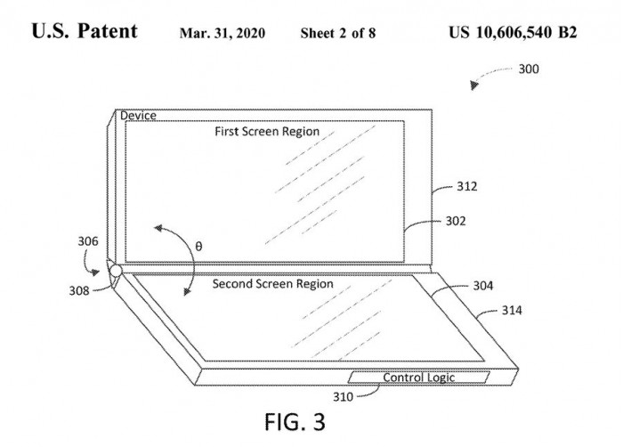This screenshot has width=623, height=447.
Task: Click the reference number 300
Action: (x=529, y=69)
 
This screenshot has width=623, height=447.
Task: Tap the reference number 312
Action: (x=467, y=186)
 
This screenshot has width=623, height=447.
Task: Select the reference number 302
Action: (x=456, y=221)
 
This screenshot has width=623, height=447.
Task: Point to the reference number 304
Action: (x=482, y=286)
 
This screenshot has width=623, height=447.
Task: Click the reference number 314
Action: (x=512, y=310)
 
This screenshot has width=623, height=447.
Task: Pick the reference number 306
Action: (x=88, y=241)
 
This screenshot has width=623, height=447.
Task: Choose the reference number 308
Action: (x=79, y=290)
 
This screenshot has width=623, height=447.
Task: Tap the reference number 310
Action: (x=343, y=396)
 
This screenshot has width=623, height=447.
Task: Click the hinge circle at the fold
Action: (x=116, y=271)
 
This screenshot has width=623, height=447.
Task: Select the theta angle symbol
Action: (x=198, y=247)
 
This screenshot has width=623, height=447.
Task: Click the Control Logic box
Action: (x=419, y=378)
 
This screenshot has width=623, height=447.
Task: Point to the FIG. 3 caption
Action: (x=295, y=422)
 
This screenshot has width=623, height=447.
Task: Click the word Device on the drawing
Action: (x=138, y=116)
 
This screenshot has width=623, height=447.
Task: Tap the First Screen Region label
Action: (x=267, y=132)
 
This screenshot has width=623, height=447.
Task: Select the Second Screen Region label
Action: (x=272, y=284)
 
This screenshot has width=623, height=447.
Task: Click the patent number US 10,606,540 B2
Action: (x=513, y=32)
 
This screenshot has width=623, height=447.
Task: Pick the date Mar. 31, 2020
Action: (x=222, y=33)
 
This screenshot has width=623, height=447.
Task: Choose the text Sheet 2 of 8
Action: (x=337, y=33)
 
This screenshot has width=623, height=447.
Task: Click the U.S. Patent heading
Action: (x=85, y=31)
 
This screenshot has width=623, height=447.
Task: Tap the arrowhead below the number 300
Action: (x=473, y=85)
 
